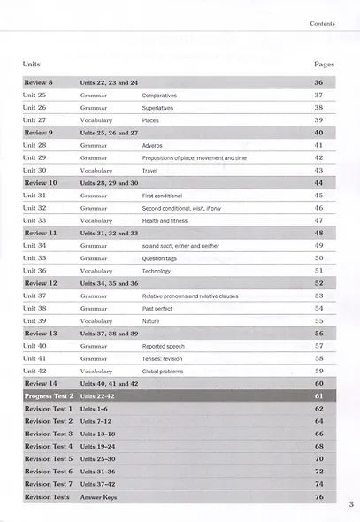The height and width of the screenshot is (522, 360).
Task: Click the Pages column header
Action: coord(324,65)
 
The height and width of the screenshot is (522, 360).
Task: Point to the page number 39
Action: coord(318,119)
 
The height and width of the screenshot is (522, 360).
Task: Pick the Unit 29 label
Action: coord(34,157)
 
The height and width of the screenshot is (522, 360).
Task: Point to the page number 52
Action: coord(318,282)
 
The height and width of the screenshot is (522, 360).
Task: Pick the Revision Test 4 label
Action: coord(48,447)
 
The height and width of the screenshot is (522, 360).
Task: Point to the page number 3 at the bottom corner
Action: coord(351,504)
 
